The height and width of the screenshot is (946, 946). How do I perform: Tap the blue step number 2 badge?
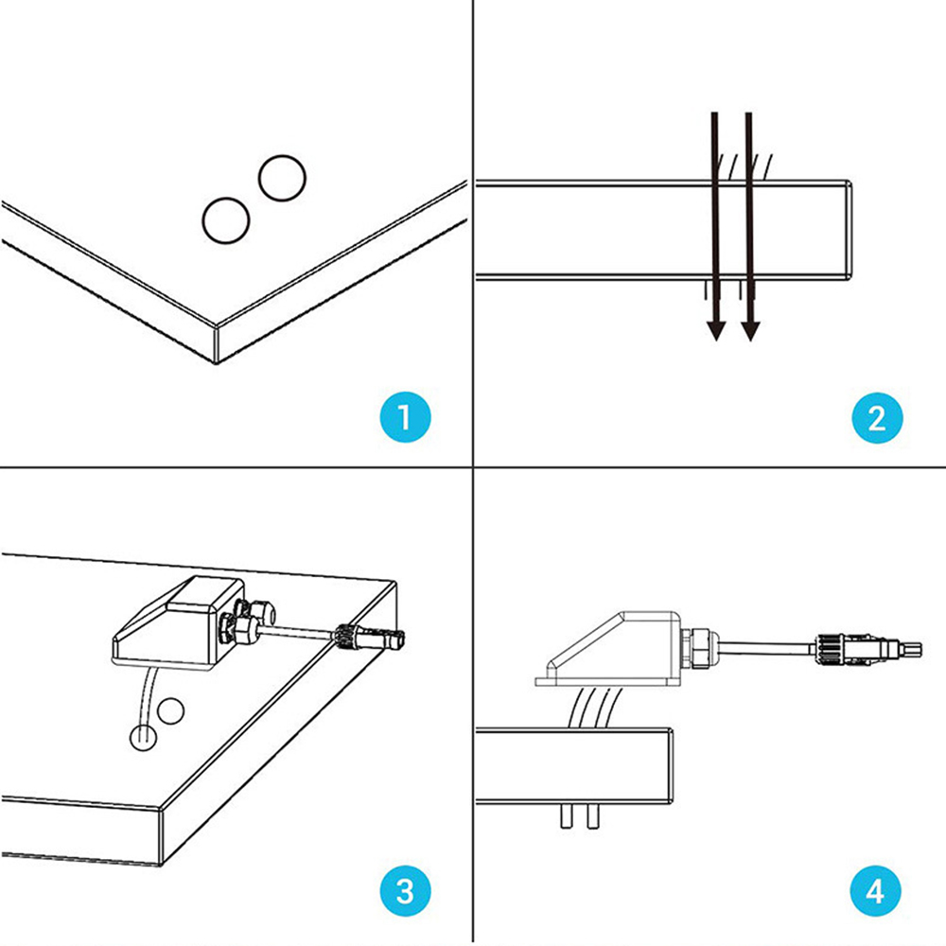pos(876,417)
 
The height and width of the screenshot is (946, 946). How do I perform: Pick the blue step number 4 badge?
pos(876,890)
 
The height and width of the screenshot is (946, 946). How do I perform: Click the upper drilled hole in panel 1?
pos(281,177)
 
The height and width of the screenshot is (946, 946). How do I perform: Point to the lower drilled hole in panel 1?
pos(225,219)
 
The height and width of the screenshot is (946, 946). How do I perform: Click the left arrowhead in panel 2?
pos(716,330)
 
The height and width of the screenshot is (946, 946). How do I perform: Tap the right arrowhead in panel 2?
pos(750,330)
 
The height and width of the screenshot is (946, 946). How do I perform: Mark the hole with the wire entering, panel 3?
pos(143,737)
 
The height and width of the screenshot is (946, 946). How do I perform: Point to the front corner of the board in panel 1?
pos(218,345)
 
